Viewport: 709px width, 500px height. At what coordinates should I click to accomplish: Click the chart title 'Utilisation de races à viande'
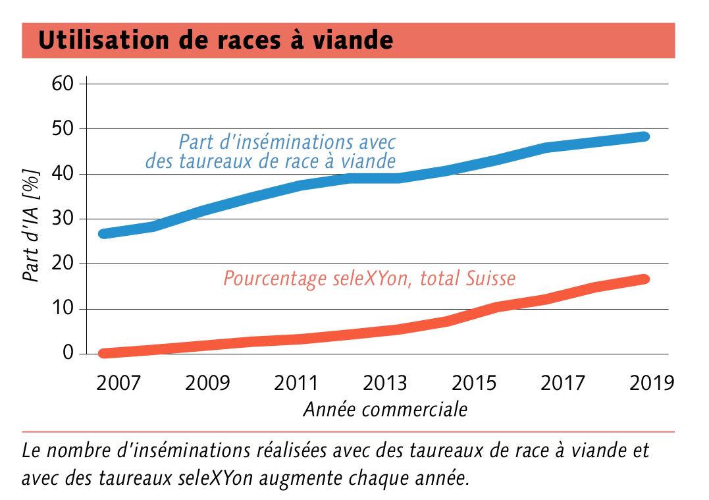(x=216, y=40)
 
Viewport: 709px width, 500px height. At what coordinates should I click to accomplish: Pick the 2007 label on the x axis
(x=118, y=383)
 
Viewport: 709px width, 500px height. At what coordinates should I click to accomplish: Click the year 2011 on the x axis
(x=296, y=383)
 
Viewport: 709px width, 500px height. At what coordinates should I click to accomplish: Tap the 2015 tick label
(x=474, y=383)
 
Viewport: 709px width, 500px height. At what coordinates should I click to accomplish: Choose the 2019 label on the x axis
(x=651, y=383)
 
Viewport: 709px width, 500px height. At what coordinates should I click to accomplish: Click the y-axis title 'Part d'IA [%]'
(x=32, y=225)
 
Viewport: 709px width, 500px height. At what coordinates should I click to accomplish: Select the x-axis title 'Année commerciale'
(x=384, y=409)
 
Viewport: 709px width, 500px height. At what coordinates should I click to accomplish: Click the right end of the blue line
(x=645, y=136)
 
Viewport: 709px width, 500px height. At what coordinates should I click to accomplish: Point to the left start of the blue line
(x=104, y=234)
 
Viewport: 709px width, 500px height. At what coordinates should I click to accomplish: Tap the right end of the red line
(x=645, y=279)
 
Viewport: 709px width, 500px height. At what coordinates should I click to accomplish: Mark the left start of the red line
(x=104, y=353)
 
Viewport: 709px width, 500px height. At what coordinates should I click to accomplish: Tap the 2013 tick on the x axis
(x=384, y=383)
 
